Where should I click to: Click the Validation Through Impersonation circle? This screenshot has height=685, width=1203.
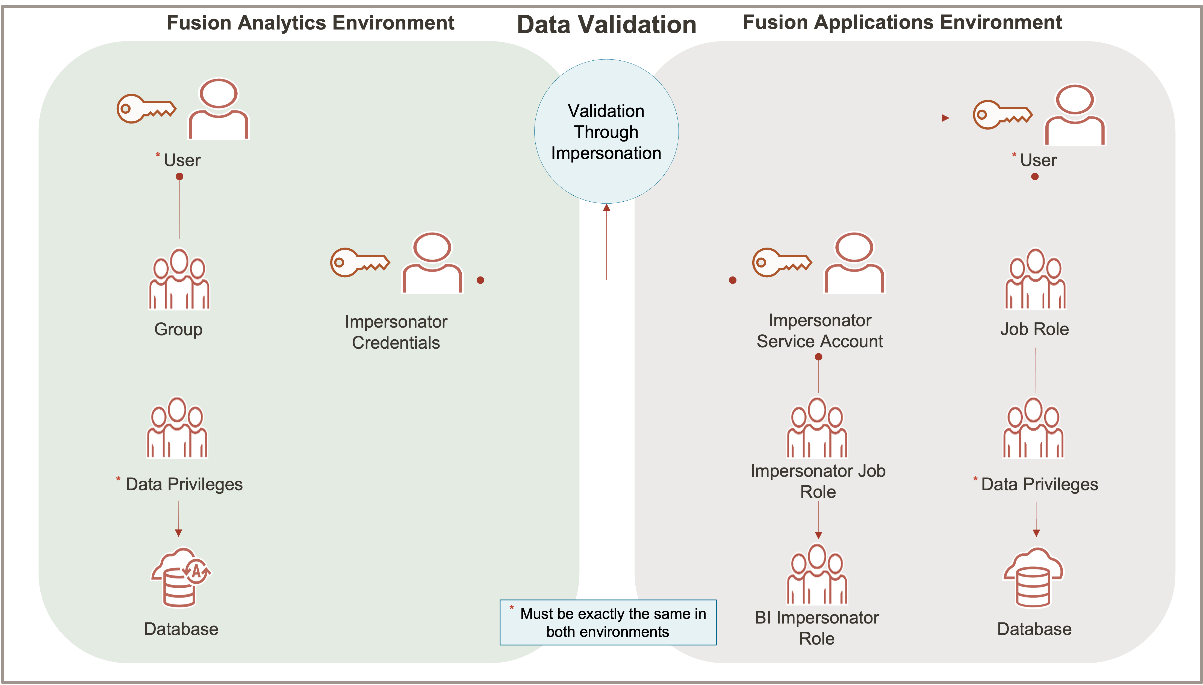point(606,132)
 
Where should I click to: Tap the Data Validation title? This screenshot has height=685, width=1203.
point(606,25)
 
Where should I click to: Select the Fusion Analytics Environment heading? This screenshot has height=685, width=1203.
point(310,23)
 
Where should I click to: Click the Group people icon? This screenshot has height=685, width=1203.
point(179,280)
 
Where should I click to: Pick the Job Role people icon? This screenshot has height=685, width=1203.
point(1035,280)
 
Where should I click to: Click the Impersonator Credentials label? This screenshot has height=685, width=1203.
point(396,332)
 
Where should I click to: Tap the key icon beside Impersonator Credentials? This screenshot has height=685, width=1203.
point(360,262)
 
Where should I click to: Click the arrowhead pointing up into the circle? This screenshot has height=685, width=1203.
point(607,207)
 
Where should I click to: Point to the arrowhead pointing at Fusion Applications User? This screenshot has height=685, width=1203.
point(945,118)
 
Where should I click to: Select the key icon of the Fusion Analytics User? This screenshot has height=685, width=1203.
point(146,109)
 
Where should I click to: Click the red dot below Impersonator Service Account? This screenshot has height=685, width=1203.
point(818,357)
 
